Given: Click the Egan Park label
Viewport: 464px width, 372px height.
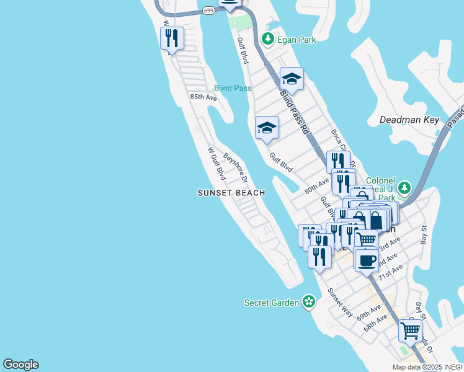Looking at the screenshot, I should [x=297, y=40].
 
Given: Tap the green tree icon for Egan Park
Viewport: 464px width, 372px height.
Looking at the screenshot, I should [x=268, y=39].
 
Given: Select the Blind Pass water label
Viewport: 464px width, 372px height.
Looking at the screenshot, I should [x=233, y=88].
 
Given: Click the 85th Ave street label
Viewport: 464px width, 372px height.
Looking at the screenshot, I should [x=203, y=97].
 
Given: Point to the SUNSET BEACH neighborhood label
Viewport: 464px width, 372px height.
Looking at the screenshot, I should [x=231, y=193].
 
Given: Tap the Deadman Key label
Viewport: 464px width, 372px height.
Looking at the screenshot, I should [x=409, y=120].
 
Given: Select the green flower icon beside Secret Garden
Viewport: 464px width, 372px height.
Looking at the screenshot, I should [x=308, y=303].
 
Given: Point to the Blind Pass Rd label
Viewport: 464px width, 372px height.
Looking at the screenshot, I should [x=294, y=112].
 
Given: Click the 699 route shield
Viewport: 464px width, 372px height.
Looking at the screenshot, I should [x=208, y=10].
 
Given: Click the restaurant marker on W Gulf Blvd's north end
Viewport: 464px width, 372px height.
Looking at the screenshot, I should [x=172, y=38].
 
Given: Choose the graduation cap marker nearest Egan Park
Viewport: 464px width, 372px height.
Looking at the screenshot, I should [x=292, y=79].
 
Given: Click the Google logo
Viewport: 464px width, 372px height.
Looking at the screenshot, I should [x=20, y=365].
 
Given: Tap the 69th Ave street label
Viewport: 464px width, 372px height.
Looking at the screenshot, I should [x=368, y=313].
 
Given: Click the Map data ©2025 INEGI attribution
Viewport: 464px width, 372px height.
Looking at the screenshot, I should [x=427, y=367].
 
